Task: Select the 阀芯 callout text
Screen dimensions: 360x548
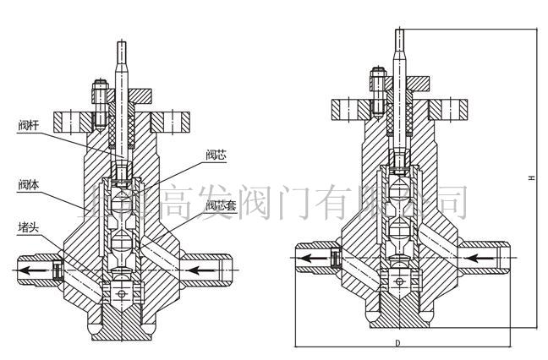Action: coord(215,155)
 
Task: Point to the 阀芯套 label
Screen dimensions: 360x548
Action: coord(217,205)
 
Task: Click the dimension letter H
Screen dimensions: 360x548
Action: coord(531,178)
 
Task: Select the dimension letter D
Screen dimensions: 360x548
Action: coord(397,344)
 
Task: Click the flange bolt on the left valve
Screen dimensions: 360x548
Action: coord(96,100)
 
